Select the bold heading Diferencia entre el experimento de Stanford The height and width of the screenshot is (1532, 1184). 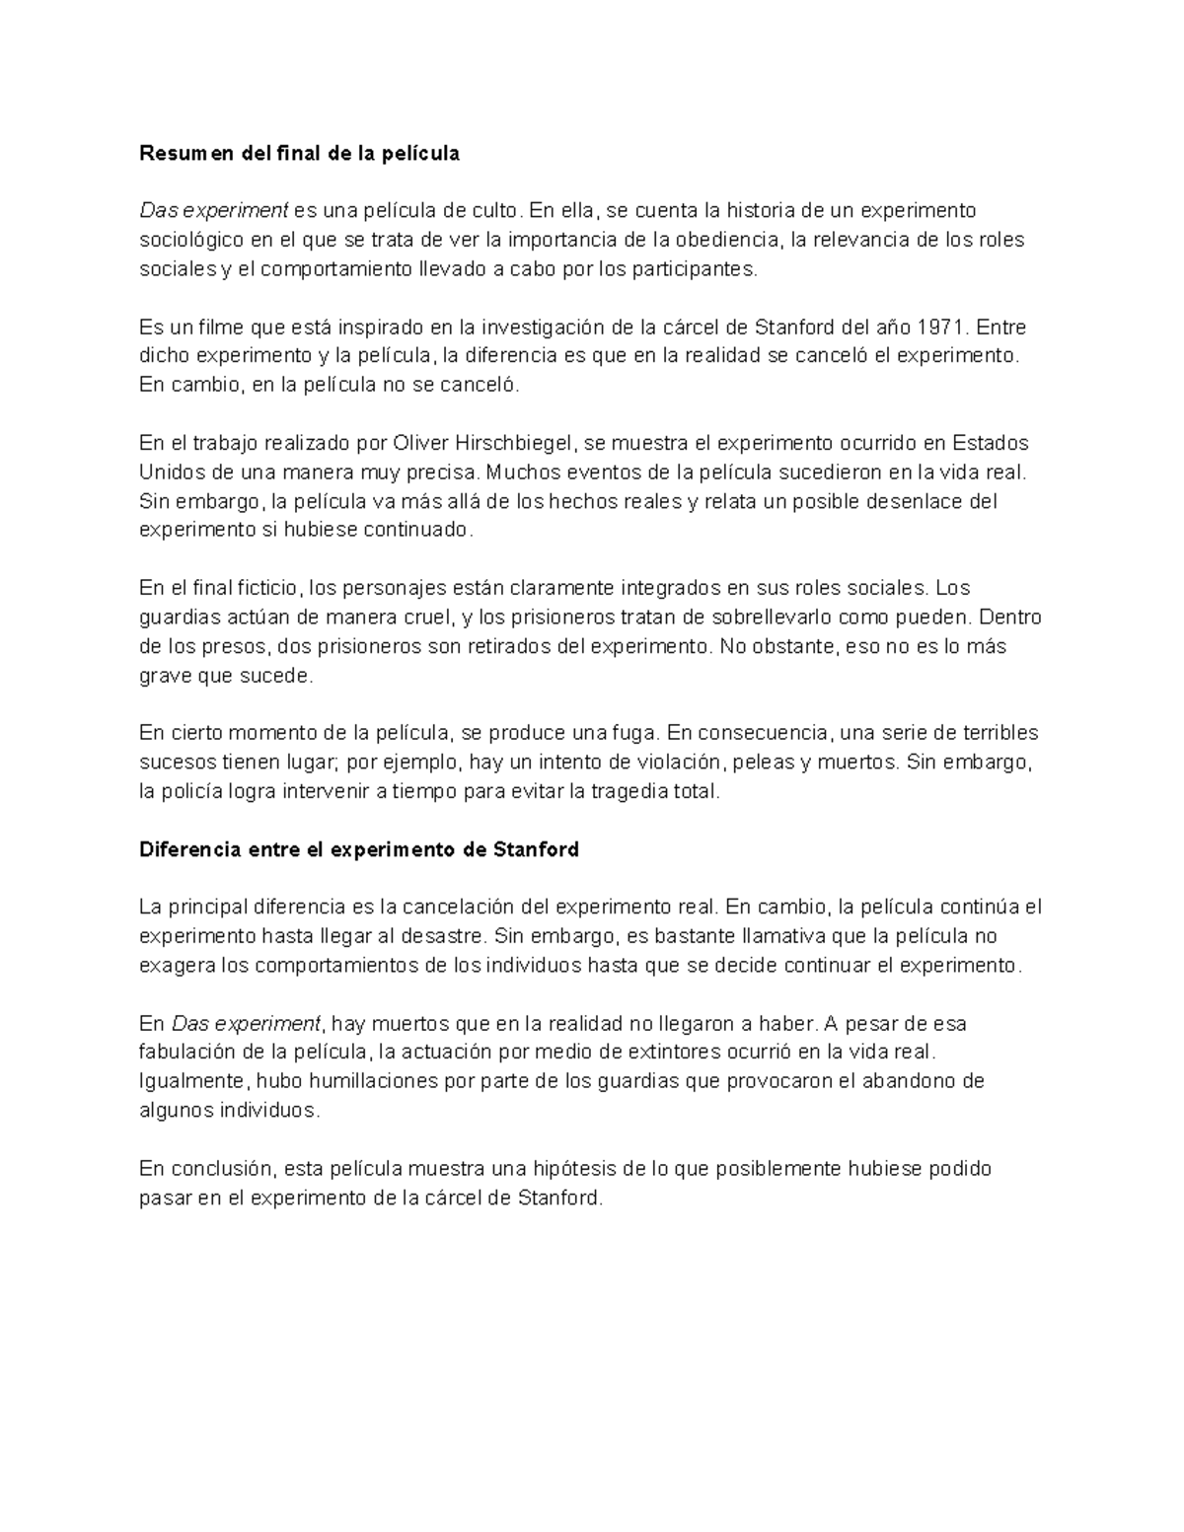tap(359, 849)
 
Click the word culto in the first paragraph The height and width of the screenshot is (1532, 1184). tap(494, 210)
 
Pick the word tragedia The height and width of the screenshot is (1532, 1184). tap(629, 791)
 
